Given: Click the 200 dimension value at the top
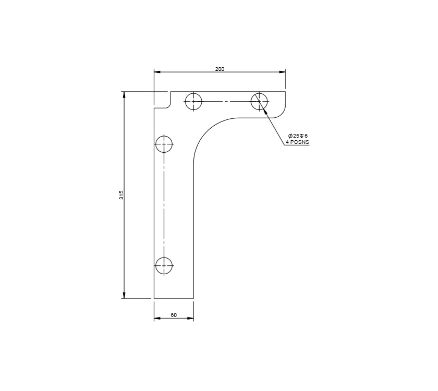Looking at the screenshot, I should (x=220, y=69).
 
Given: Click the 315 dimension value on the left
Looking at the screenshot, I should (x=121, y=195).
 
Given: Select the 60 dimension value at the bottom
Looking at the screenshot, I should (x=174, y=315).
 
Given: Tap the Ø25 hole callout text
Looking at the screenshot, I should (x=298, y=136).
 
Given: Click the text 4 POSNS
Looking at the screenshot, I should (x=297, y=142).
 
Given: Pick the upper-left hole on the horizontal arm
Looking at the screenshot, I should (x=193, y=101).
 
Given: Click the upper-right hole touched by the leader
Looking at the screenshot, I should (x=259, y=101).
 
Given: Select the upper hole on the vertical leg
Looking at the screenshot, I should (x=164, y=143).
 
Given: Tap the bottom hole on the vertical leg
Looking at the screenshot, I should (x=164, y=265).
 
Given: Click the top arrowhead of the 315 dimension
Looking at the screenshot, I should (x=124, y=95).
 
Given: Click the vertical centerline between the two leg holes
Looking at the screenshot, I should (x=164, y=203).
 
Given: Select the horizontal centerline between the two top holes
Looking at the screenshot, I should (x=226, y=101).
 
